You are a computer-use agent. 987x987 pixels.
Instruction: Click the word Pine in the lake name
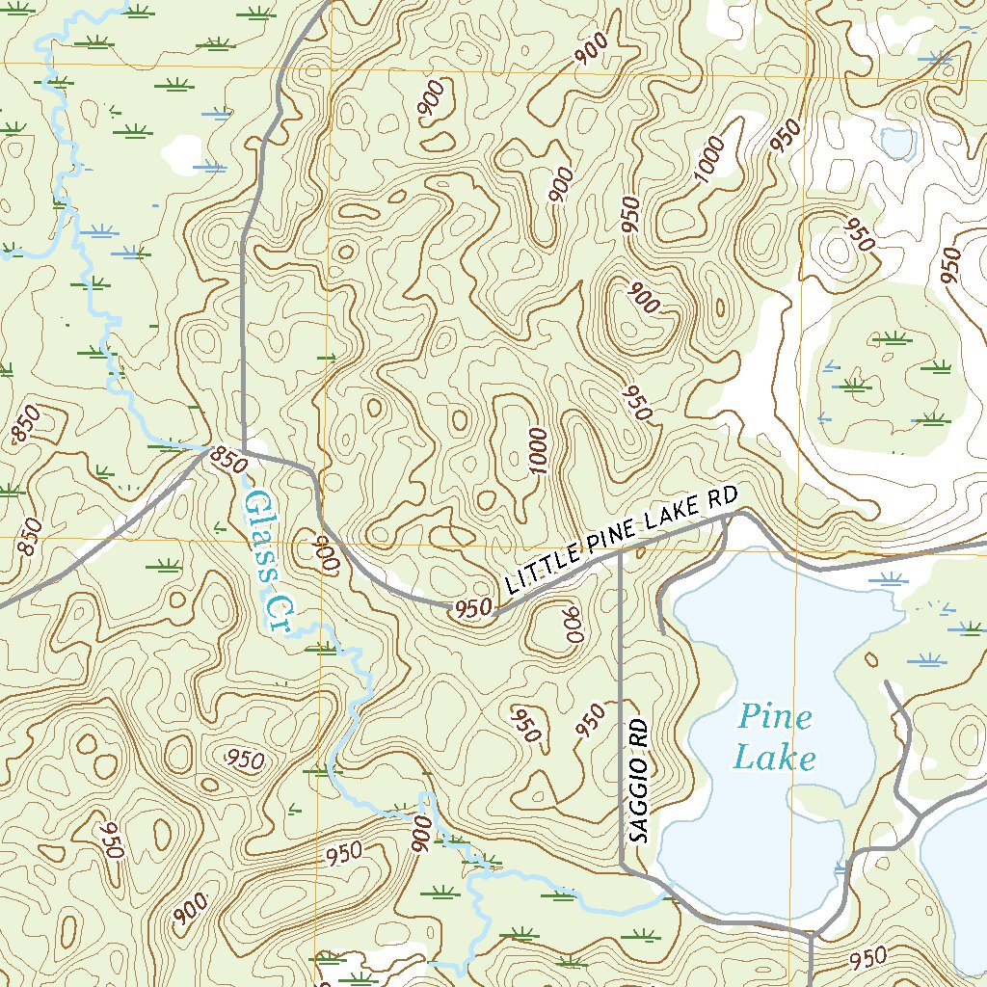click(x=776, y=718)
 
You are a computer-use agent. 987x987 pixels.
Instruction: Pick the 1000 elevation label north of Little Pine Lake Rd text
click(x=538, y=451)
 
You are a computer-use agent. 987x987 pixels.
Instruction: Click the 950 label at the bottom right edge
click(x=868, y=958)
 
